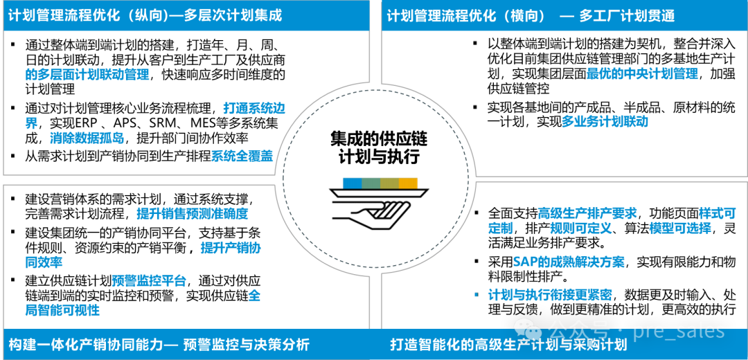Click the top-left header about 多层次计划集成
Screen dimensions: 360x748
coord(145,15)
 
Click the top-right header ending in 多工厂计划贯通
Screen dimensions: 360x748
coord(531,16)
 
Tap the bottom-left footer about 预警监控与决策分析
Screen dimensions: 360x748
coord(159,345)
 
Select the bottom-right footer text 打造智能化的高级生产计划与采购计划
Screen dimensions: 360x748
coord(508,345)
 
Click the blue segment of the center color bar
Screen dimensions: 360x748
coord(351,183)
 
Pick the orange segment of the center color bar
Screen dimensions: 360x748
coord(409,183)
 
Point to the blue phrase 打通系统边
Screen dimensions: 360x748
coord(254,108)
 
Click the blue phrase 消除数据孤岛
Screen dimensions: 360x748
coord(87,138)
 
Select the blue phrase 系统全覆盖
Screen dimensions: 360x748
coord(242,156)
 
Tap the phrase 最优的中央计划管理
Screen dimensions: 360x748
coord(641,73)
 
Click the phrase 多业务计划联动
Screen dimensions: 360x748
coord(604,121)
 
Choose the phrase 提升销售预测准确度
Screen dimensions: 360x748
coord(192,213)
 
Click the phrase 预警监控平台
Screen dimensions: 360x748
coord(149,280)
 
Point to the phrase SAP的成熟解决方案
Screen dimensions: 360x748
coord(569,262)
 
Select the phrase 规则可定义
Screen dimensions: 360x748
coord(581,228)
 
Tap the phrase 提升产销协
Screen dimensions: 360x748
coord(231,248)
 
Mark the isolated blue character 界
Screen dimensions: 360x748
coord(31,124)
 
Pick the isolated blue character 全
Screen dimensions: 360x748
coord(254,296)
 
